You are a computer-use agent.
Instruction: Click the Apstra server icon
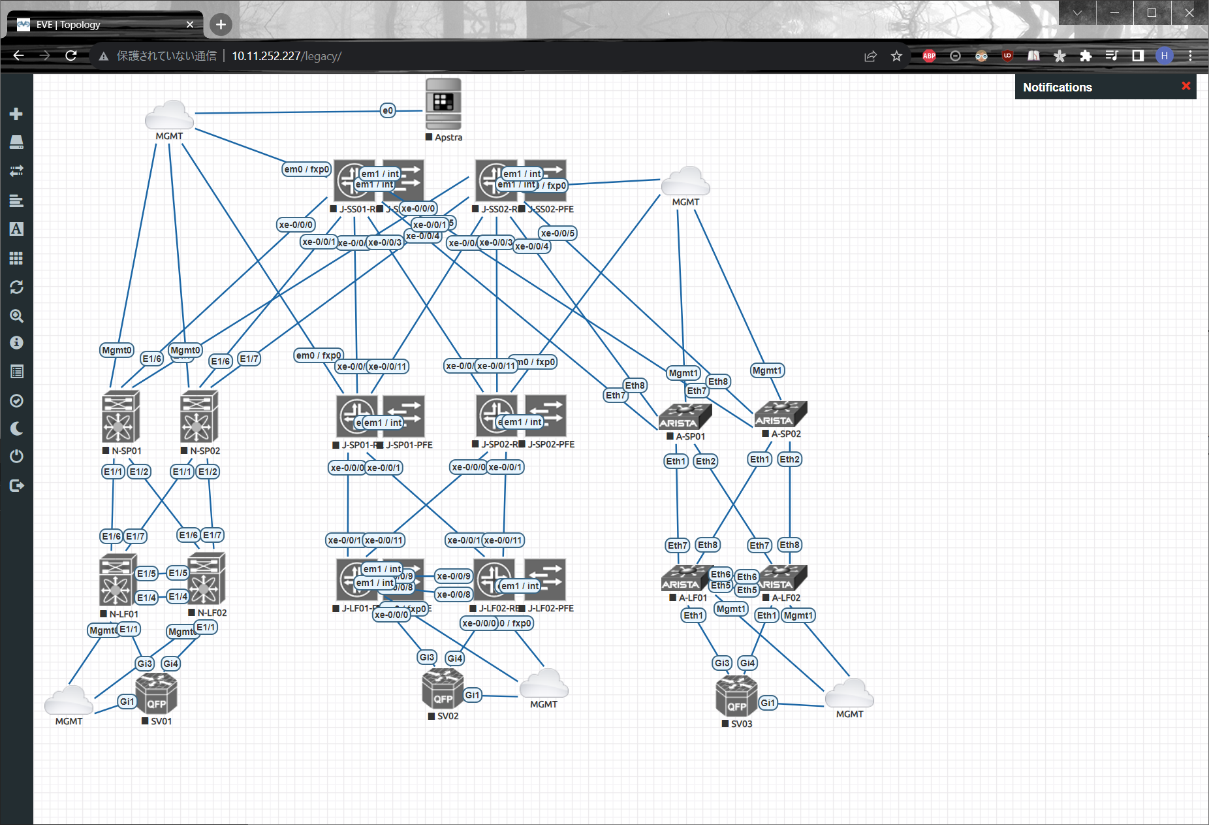click(x=443, y=104)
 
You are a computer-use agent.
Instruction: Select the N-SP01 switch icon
click(x=121, y=417)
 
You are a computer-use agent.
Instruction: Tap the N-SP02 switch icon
click(x=199, y=417)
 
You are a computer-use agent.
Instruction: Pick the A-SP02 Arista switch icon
click(x=781, y=413)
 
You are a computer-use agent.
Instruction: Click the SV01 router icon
click(x=157, y=694)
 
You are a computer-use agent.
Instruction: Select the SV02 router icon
click(x=443, y=689)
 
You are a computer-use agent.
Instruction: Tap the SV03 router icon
click(x=736, y=696)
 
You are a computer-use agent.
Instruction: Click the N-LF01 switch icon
click(x=118, y=580)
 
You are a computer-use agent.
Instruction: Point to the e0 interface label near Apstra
click(x=388, y=110)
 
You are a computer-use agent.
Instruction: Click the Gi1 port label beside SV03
click(x=768, y=703)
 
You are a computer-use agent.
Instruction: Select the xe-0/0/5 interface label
click(x=557, y=233)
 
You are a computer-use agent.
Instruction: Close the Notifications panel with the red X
click(x=1186, y=86)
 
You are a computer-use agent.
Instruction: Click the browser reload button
click(x=71, y=56)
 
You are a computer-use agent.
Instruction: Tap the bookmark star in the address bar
click(x=896, y=56)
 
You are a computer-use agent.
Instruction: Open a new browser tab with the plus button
click(x=221, y=25)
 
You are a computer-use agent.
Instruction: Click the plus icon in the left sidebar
click(x=16, y=114)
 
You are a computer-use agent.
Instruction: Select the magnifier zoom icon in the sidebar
click(x=16, y=316)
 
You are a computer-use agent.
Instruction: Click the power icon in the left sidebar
click(x=16, y=456)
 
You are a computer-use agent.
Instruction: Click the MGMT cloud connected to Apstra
click(x=169, y=116)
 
